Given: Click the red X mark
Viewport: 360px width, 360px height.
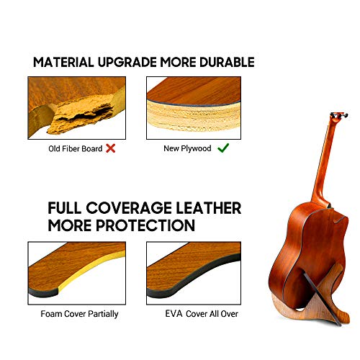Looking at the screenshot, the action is pyautogui.click(x=110, y=148).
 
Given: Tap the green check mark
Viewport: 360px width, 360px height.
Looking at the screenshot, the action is pyautogui.click(x=223, y=148).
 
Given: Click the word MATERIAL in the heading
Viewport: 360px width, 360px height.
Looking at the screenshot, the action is pyautogui.click(x=63, y=63).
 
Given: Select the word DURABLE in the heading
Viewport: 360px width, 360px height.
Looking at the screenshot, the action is pyautogui.click(x=227, y=63).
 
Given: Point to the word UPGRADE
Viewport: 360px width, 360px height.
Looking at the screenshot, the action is pyautogui.click(x=127, y=63).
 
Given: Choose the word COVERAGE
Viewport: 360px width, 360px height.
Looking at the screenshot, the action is pyautogui.click(x=129, y=208).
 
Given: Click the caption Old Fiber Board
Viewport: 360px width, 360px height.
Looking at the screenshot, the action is pyautogui.click(x=76, y=149).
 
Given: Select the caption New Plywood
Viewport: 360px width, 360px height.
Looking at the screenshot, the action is pyautogui.click(x=187, y=148).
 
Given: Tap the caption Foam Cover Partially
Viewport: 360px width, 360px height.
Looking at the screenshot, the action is pyautogui.click(x=79, y=314).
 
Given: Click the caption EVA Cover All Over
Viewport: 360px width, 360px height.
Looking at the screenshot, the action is pyautogui.click(x=202, y=314).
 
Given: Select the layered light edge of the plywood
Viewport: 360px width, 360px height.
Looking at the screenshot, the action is pyautogui.click(x=194, y=117).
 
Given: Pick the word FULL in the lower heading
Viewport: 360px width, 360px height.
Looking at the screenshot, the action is pyautogui.click(x=65, y=208).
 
